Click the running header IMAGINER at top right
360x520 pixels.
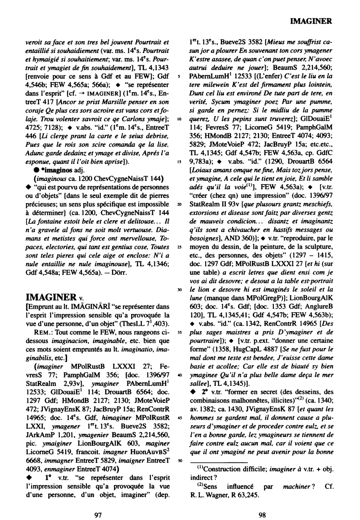pyautogui.click(x=311, y=21)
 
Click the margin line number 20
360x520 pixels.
pyautogui.click(x=180, y=205)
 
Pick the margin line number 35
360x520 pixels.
pyautogui.click(x=180, y=333)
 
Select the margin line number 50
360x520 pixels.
pyautogui.click(x=180, y=460)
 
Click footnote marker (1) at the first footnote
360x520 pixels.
pyautogui.click(x=200, y=469)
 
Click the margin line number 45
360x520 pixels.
pyautogui.click(x=180, y=418)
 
